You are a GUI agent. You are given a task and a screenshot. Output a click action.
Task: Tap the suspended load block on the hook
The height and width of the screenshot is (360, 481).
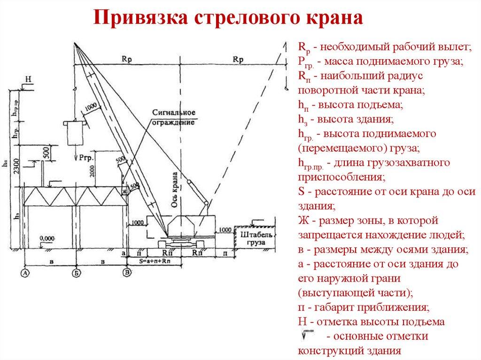click(x=75, y=134)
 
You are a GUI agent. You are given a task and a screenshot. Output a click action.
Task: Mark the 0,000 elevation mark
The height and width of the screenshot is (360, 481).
click(x=47, y=238)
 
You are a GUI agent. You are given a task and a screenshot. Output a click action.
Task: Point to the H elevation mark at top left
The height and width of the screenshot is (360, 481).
click(x=28, y=80)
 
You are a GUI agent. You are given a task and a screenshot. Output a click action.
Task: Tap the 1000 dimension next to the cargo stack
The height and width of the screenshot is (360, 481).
click(x=225, y=230)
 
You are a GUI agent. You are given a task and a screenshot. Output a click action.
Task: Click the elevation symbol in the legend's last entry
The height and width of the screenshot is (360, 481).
click(x=309, y=334)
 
